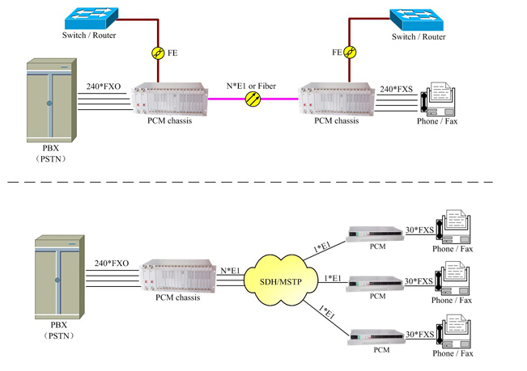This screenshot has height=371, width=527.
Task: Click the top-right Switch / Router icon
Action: pos(418,19)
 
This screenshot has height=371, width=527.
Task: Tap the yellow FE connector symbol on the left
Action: pos(158,53)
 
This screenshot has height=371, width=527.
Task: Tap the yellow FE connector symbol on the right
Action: pos(349,53)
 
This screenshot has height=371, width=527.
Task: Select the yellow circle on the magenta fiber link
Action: pos(253,99)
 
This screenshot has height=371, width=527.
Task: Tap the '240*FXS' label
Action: pos(396,89)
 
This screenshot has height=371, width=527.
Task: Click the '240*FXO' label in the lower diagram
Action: pos(113,263)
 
